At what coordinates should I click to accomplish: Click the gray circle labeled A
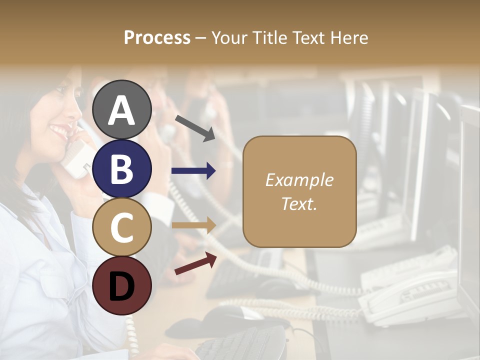[121, 109]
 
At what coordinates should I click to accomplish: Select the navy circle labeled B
[121, 168]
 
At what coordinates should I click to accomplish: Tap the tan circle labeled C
[121, 227]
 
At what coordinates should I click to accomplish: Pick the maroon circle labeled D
[121, 285]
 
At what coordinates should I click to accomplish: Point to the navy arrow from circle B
[193, 171]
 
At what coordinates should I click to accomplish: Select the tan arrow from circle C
[193, 225]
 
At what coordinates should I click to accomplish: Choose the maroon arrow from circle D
[195, 263]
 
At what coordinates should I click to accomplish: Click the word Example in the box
[299, 180]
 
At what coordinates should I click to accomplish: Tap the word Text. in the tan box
[299, 203]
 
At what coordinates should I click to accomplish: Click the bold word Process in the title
[157, 37]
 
